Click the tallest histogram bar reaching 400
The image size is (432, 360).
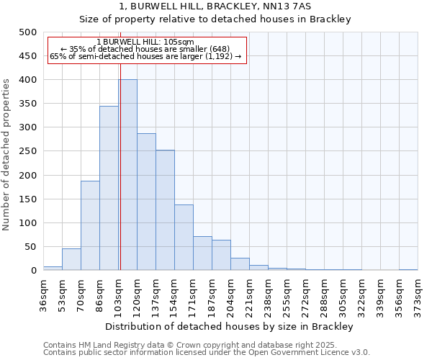coord(127,175)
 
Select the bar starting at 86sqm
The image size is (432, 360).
coord(109,188)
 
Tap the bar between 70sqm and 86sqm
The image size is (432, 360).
coord(90,225)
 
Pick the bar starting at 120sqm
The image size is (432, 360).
coord(146,202)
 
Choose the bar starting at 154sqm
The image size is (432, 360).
coord(184,238)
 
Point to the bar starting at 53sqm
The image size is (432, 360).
coord(71,259)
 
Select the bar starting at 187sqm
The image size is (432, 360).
coord(221,255)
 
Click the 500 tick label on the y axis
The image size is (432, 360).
coord(27,32)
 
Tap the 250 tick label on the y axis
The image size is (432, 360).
coord(27,151)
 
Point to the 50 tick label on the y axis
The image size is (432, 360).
coord(30,247)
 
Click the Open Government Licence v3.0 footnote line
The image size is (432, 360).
coord(206,353)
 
